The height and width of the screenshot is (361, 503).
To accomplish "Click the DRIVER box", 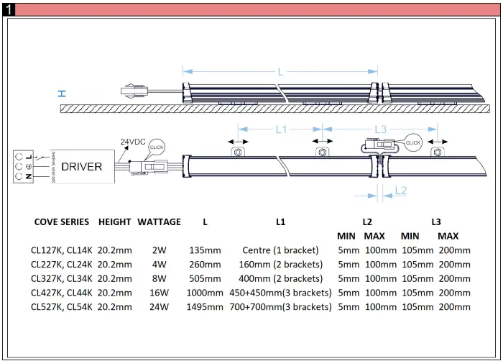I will pos(80,167).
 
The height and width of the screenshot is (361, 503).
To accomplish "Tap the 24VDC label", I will pos(133,142).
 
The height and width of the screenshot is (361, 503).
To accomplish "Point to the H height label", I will pos(63,93).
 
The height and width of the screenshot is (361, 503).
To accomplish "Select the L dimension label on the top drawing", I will pos(281,72).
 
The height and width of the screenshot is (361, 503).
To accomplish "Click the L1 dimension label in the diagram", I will pos(280,130).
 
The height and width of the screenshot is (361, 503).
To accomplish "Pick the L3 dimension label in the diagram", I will pos(381,130).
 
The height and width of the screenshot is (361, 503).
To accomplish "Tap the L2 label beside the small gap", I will pos(400,191).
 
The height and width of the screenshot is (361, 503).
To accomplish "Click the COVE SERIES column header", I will pos(61,222).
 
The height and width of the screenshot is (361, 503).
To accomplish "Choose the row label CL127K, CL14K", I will pos(61,250).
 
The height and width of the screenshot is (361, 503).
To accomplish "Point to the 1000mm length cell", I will pos(205,293).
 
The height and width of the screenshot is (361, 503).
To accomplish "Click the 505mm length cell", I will pos(205,279).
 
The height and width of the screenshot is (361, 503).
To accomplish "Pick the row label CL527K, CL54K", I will pos(61,307).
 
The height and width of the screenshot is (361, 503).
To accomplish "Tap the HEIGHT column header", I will pos(115,222).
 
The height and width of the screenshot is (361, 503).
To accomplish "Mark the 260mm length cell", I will pos(205,265).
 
